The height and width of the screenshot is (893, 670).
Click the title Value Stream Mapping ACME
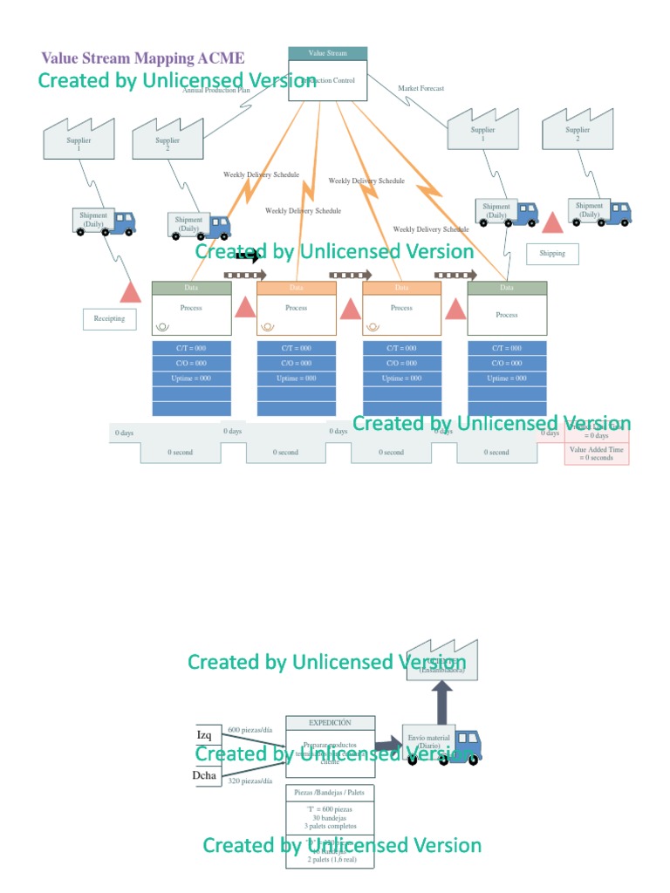pyautogui.click(x=142, y=58)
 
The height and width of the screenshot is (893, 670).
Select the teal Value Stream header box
pyautogui.click(x=327, y=53)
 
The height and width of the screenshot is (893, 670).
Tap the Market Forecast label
pyautogui.click(x=420, y=88)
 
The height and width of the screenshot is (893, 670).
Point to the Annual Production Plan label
pyautogui.click(x=216, y=91)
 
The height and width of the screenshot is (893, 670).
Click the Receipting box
pyautogui.click(x=109, y=318)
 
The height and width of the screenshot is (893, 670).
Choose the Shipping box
pyautogui.click(x=552, y=254)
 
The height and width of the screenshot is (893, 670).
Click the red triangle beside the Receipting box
pyautogui.click(x=130, y=292)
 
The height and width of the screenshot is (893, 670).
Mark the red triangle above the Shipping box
pyautogui.click(x=552, y=222)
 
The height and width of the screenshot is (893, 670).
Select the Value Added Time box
pyautogui.click(x=597, y=453)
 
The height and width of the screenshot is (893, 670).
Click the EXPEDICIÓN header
pyautogui.click(x=330, y=722)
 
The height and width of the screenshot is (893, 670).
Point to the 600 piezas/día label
pyautogui.click(x=251, y=729)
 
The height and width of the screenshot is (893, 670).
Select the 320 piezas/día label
pyautogui.click(x=251, y=781)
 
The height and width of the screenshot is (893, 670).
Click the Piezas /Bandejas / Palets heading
pyautogui.click(x=330, y=792)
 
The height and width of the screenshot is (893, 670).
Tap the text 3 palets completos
pyautogui.click(x=330, y=826)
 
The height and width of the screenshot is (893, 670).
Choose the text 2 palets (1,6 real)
pyautogui.click(x=330, y=860)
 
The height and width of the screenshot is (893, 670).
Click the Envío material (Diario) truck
pyautogui.click(x=441, y=744)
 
